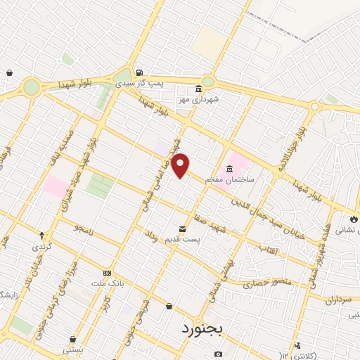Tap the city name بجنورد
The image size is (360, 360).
tap(202, 329)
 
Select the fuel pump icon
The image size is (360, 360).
tap(140, 72)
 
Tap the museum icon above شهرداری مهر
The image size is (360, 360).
tap(198, 89)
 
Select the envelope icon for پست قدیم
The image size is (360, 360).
tap(183, 229)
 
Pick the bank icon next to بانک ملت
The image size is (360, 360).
tap(107, 273)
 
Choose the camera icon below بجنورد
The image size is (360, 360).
tap(219, 354)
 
